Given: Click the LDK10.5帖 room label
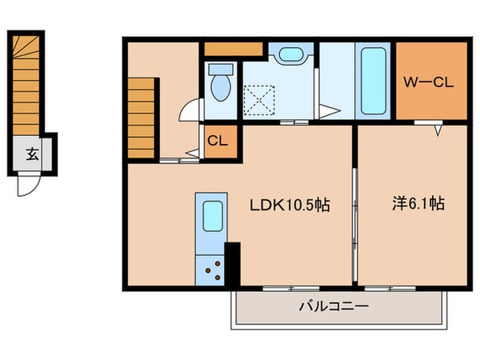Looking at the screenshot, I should point(291,205).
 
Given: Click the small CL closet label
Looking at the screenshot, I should point(218,142).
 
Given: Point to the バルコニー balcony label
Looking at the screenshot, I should point(334,306).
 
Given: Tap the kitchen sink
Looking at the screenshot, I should point(212,217).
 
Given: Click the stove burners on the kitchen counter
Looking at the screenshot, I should point(213,268).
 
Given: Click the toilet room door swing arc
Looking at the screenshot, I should point(189,110).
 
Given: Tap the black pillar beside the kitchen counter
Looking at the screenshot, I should point(233,263).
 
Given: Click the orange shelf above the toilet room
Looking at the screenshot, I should point(234,48).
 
